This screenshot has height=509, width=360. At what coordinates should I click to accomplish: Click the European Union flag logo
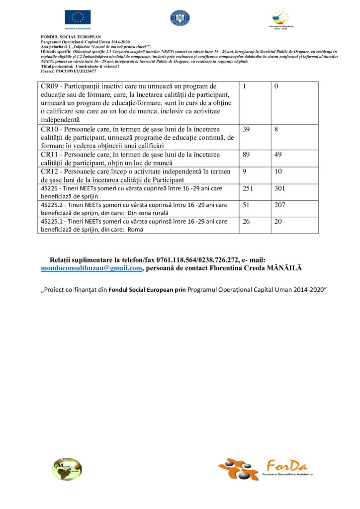[77, 17]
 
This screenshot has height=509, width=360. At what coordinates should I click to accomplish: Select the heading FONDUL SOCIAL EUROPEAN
[70, 37]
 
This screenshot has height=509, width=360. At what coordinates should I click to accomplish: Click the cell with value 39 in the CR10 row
[246, 129]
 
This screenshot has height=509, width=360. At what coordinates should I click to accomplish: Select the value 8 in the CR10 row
[276, 129]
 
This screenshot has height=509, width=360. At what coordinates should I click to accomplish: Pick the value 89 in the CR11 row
[246, 155]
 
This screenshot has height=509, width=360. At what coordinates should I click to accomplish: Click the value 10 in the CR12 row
[278, 171]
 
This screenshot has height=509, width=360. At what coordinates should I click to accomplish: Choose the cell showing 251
[248, 188]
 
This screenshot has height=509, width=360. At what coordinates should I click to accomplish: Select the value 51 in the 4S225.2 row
[246, 204]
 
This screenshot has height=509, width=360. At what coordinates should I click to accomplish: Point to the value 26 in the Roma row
[246, 221]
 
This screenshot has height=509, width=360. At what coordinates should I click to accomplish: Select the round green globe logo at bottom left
[67, 469]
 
